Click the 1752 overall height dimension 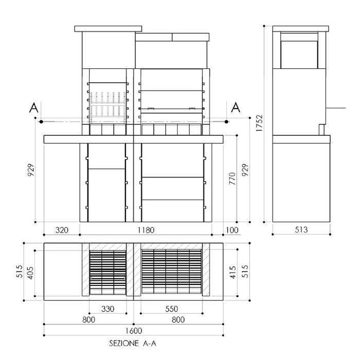pos(260,124)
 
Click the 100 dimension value pos(231,230)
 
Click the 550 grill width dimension pos(171,309)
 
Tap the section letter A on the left pos(33,108)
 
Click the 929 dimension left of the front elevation pos(31,170)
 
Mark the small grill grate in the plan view pos(107,272)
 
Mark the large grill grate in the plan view pos(171,272)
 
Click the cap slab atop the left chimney pos(107,28)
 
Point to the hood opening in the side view pos(298,52)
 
